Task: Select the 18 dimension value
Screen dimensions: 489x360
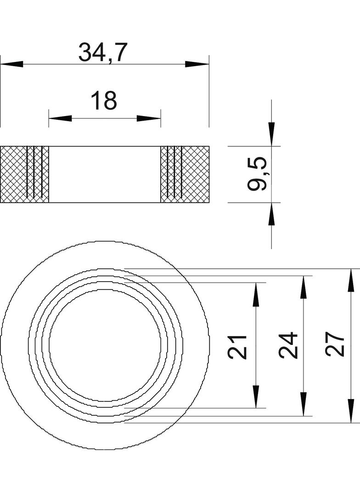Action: pos(104,101)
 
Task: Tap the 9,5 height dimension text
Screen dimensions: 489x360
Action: pos(257,174)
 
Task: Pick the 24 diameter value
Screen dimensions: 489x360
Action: pos(289,345)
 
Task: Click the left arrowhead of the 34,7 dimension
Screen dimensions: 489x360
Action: pos(12,64)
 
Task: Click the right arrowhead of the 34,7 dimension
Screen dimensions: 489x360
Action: pos(197,64)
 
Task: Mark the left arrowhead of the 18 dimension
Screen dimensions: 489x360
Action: pos(60,118)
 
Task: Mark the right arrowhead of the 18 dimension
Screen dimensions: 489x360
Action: pos(149,118)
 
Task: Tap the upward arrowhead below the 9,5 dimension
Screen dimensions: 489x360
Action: pos(271,214)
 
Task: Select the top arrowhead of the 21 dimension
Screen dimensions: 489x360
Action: pos(256,295)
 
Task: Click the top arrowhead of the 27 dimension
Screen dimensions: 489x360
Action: pos(351,280)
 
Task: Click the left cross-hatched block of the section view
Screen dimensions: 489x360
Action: pos(14,174)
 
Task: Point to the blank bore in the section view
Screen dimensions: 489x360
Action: pos(105,174)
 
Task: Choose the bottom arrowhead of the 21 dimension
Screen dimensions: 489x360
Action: pos(256,396)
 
